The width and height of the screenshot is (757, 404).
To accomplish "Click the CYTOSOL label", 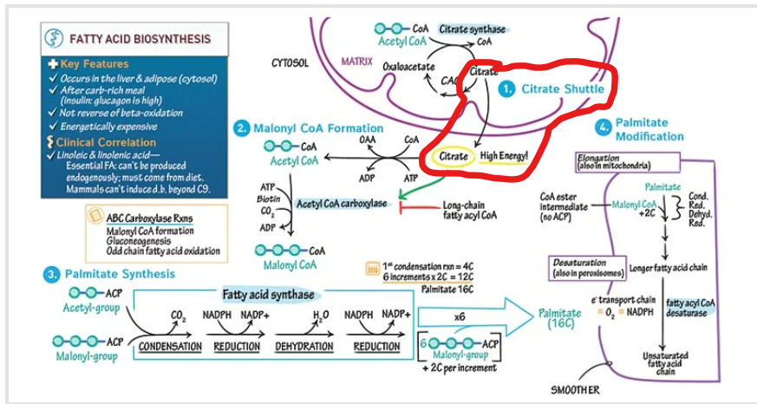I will (290, 63).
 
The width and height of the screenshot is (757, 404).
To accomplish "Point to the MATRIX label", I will (356, 62).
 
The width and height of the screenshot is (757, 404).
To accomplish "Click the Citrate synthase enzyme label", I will (472, 29).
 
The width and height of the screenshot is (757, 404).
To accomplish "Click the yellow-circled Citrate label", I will (453, 156).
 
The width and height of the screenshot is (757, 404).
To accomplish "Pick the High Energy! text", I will (504, 156).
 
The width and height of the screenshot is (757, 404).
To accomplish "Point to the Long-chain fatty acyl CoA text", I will (469, 210).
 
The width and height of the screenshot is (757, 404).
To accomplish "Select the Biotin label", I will (268, 198).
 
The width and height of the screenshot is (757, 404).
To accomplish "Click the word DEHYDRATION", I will (304, 347).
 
